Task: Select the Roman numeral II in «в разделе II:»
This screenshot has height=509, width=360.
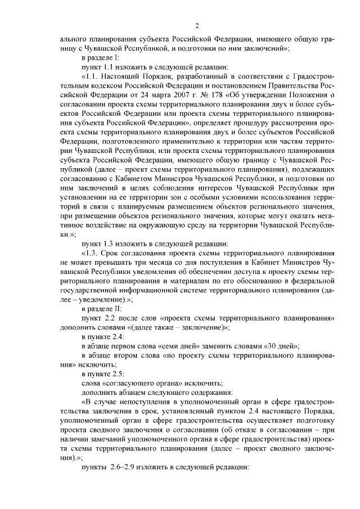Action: click(x=116, y=308)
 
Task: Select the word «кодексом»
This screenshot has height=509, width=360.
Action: click(x=100, y=91)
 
